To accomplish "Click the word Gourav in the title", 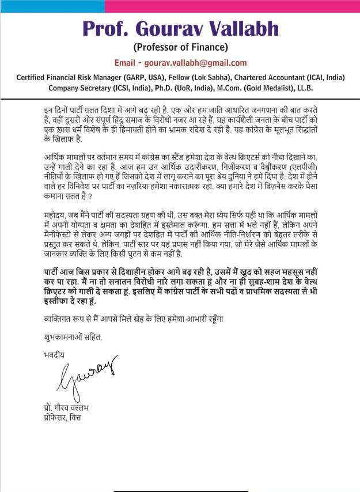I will (169, 28).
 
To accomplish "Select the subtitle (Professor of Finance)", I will (180, 47).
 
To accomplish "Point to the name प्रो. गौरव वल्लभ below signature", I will (67, 407).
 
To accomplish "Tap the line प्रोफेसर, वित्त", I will (63, 417).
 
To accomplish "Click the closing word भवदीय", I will (54, 354).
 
